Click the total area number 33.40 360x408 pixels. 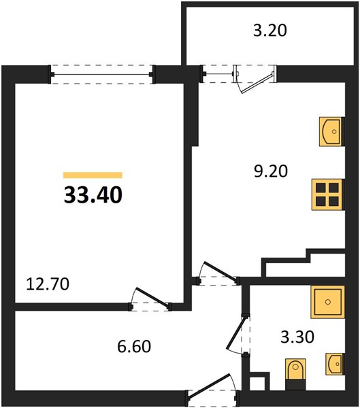click(93, 195)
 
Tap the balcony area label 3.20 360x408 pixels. click(270, 30)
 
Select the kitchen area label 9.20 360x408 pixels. click(271, 171)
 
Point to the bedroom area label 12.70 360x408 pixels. click(48, 284)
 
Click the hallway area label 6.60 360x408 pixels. click(134, 346)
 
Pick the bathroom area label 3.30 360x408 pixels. click(297, 337)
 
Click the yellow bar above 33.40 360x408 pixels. click(93, 175)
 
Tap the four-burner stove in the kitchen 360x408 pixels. click(328, 194)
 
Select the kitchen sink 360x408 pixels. click(331, 131)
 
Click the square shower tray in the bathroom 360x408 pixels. click(328, 302)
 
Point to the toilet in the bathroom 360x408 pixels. click(295, 374)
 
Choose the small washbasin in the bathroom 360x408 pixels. click(335, 364)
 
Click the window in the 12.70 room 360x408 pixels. click(102, 74)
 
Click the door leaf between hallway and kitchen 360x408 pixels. click(220, 271)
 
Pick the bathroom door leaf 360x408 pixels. click(236, 333)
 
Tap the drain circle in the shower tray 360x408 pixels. click(328, 302)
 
